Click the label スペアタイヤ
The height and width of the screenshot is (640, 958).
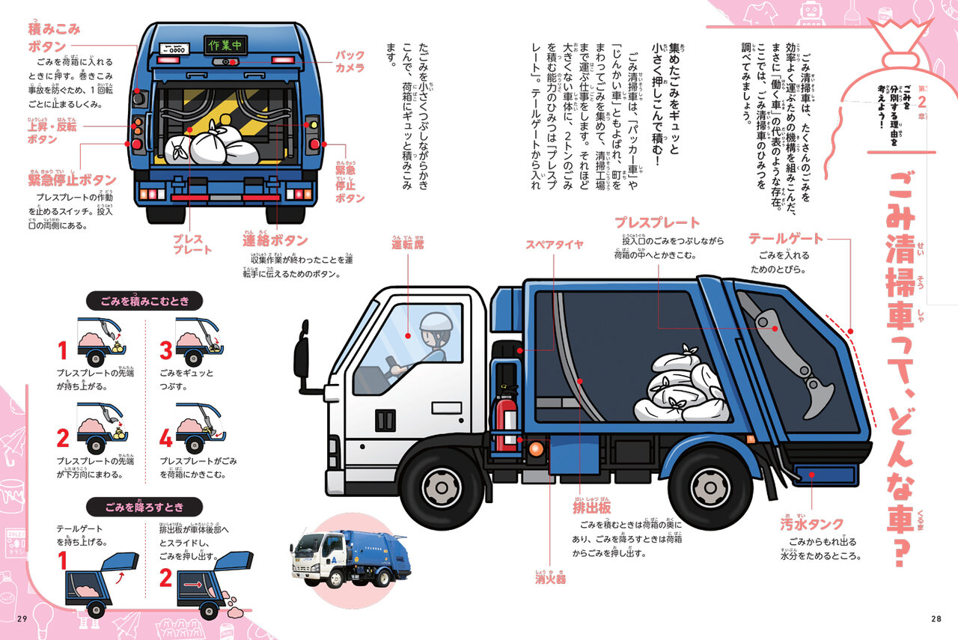pyautogui.click(x=554, y=244)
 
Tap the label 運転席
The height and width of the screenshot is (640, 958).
pyautogui.click(x=407, y=244)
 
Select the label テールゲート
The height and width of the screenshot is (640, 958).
pyautogui.click(x=785, y=239)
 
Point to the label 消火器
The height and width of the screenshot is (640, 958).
pyautogui.click(x=550, y=578)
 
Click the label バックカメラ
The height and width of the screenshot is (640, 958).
pyautogui.click(x=349, y=61)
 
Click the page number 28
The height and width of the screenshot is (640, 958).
pyautogui.click(x=936, y=618)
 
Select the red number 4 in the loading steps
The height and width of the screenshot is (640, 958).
pyautogui.click(x=165, y=437)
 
